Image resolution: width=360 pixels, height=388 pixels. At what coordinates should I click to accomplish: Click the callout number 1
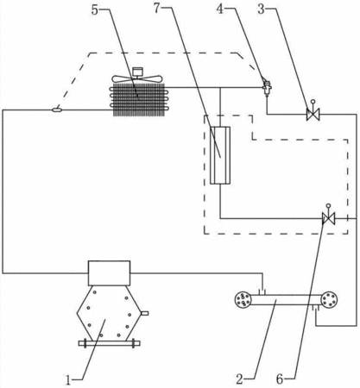68,380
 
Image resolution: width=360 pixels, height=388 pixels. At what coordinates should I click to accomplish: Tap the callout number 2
239,379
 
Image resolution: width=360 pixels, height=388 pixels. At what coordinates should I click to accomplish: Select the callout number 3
261,9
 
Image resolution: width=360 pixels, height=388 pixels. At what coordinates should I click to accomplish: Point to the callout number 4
220,9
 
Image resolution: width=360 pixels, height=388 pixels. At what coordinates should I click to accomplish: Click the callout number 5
95,9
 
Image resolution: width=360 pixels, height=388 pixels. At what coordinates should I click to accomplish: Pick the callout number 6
280,379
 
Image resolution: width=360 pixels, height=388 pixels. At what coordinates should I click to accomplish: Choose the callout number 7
156,9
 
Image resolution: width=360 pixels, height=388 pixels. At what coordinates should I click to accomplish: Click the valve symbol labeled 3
313,115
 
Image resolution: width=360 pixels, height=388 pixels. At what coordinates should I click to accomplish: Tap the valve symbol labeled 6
328,218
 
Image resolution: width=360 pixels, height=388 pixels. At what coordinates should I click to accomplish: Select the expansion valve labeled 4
267,86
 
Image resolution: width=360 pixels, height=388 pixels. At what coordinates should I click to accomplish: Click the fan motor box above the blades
137,72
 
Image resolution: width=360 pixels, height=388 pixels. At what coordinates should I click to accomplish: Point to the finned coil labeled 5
139,100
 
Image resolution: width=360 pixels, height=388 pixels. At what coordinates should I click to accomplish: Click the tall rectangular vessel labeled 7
220,155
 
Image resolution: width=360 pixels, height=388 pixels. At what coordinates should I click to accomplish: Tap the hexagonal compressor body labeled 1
109,313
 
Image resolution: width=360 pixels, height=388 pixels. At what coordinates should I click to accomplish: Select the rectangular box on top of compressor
109,273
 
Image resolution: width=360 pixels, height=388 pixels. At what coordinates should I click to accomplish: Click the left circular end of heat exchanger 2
243,300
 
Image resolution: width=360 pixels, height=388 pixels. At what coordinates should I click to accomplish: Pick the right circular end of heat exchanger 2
329,300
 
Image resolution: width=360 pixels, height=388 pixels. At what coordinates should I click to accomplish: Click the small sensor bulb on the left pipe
57,110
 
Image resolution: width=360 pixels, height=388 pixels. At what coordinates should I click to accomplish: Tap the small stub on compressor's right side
144,313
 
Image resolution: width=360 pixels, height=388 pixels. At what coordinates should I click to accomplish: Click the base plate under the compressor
110,343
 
